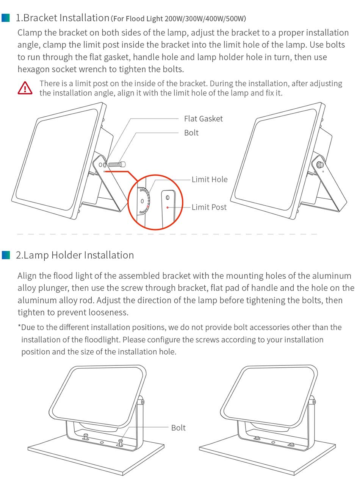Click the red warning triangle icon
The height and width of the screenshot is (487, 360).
(x=25, y=88)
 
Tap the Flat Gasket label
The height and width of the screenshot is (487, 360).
(x=203, y=119)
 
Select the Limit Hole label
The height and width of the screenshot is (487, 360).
(x=210, y=180)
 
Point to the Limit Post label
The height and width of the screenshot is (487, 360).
(x=209, y=207)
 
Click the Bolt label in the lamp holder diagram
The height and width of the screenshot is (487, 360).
(x=178, y=428)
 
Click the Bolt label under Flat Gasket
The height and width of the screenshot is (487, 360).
(x=191, y=133)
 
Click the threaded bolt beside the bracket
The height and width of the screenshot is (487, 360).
(x=117, y=164)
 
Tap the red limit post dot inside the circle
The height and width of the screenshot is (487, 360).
(x=167, y=207)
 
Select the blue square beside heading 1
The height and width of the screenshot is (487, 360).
(x=5, y=18)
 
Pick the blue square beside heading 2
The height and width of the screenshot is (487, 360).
(x=6, y=255)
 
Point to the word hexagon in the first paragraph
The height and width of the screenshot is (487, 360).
(x=33, y=69)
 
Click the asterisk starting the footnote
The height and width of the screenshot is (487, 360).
(x=19, y=325)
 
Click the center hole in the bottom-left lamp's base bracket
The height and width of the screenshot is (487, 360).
(x=102, y=443)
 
